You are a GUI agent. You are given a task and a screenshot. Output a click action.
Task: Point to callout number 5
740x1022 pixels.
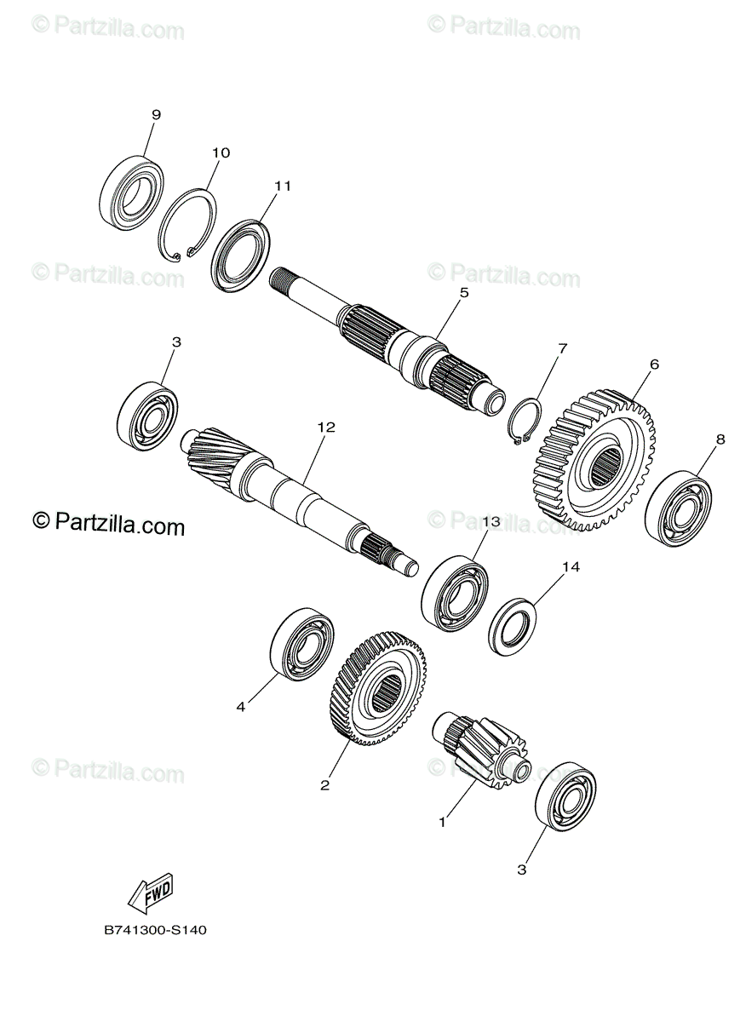464,292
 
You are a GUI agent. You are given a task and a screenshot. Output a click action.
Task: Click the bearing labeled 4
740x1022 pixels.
301,645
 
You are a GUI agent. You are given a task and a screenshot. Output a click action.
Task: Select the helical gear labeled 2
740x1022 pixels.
377,686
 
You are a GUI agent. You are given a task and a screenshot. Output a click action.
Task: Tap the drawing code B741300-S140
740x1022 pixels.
155,930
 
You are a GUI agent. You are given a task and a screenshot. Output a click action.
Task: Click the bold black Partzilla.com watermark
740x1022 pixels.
108,525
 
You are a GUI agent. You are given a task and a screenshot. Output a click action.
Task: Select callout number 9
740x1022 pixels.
156,114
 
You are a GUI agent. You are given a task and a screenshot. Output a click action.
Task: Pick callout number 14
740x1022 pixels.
570,566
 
